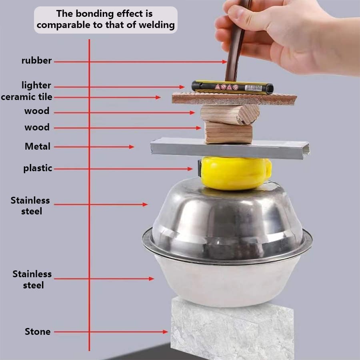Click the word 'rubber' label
pyautogui.click(x=36, y=61)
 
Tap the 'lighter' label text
pyautogui.click(x=36, y=86)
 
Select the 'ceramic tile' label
pyautogui.click(x=26, y=97)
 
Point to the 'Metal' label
pyautogui.click(x=38, y=146)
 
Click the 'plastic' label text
pyautogui.click(x=38, y=168)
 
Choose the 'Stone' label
pyautogui.click(x=38, y=332)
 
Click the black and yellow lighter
pyautogui.click(x=232, y=88)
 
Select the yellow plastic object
pyautogui.click(x=235, y=173)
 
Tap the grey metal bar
pyautogui.click(x=230, y=148)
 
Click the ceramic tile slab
pyautogui.click(x=234, y=99)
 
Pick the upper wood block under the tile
pyautogui.click(x=230, y=114)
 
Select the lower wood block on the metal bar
pyautogui.click(x=228, y=133)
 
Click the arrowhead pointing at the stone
pyautogui.click(x=165, y=332)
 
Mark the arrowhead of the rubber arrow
pyautogui.click(x=224, y=62)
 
